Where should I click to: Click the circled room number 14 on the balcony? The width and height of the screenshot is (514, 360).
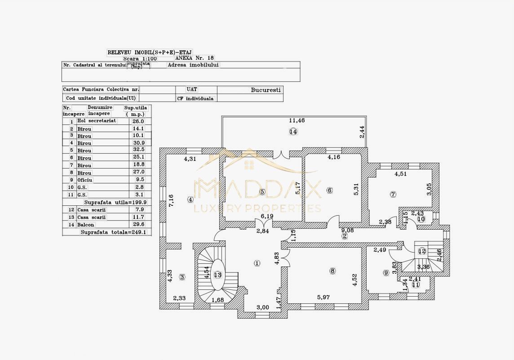coord(293,132)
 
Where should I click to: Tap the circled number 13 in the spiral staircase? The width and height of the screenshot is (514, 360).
coord(218,275)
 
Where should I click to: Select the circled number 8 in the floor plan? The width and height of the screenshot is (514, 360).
coord(332,271)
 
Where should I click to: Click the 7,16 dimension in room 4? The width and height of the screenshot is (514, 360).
coord(171,200)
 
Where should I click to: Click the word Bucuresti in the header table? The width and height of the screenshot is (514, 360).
coord(266,90)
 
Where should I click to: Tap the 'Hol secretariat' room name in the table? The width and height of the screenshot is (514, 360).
coord(97,121)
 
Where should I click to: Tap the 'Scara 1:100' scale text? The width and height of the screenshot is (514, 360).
coord(140,58)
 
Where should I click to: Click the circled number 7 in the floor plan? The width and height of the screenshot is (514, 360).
coord(393,194)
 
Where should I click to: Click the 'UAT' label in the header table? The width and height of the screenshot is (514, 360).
coord(192,90)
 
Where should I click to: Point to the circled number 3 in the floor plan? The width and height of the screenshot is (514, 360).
coord(182,277)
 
